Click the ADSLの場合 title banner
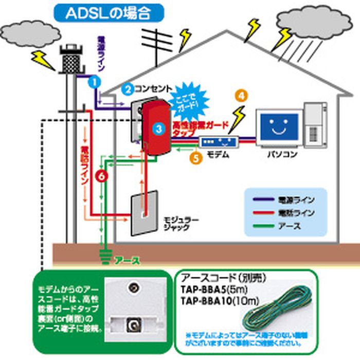pos(107,13)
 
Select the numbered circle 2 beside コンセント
pos(128,88)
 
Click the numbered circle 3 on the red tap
pos(159,126)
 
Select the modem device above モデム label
pos(218,141)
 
